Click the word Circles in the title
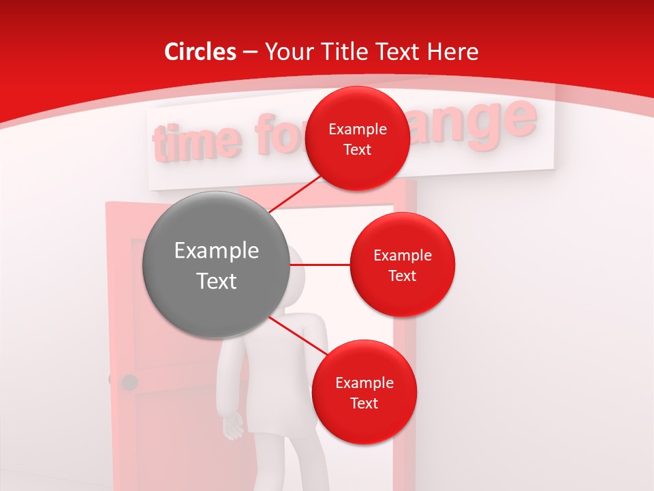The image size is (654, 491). [x=200, y=52]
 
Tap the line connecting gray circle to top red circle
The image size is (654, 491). [x=296, y=194]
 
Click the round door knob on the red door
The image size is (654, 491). [x=129, y=382]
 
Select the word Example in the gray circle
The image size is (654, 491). [x=216, y=251]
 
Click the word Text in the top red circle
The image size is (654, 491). [x=357, y=149]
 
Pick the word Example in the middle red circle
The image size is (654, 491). [x=402, y=256]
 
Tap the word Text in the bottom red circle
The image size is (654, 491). [x=364, y=403]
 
